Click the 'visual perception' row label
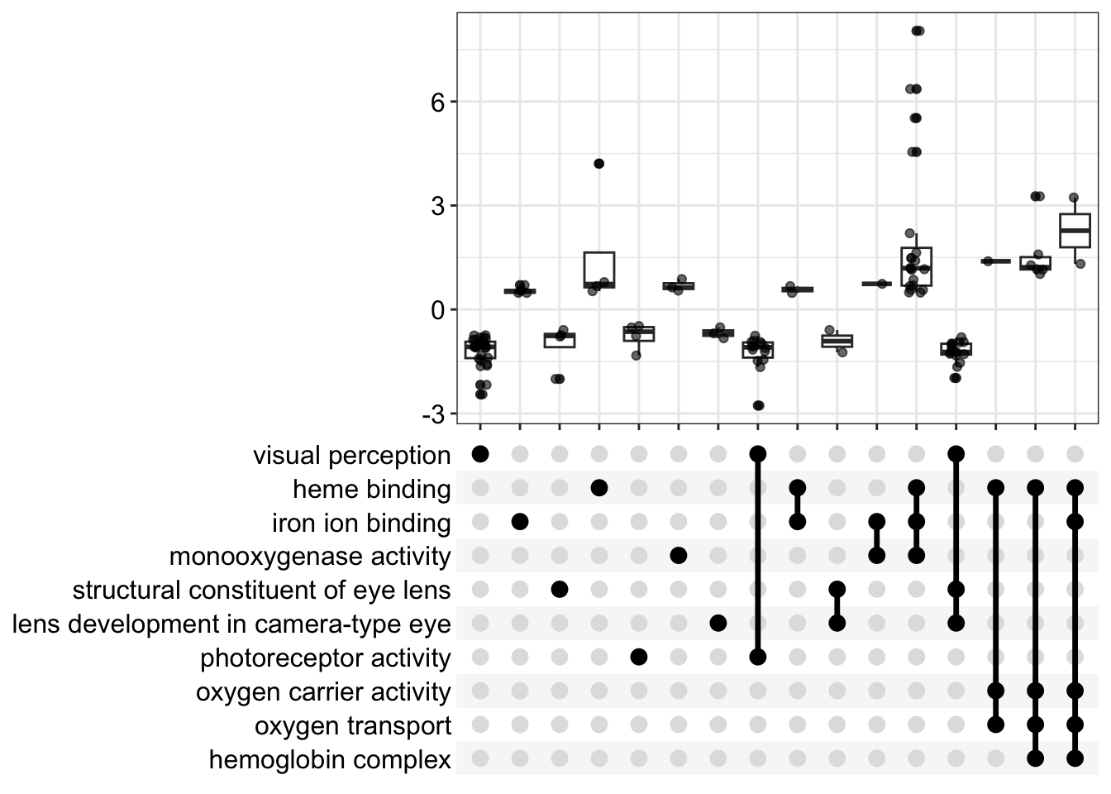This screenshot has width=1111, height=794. pos(351,456)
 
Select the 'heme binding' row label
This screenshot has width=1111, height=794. pos(371,490)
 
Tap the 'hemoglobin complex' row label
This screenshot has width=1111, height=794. pos(330,760)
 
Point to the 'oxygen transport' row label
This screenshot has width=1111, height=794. pos(353,726)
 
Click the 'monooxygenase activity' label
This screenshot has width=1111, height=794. pos(310,557)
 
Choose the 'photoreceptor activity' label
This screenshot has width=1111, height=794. pos(326,658)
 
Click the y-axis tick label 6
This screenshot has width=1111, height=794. pos(437,103)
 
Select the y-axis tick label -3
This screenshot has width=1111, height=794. pos(433,415)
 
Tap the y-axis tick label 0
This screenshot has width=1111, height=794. pos(437,311)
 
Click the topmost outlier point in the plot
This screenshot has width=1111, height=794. pos(918,31)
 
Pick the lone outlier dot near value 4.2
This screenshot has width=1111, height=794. pos(598,164)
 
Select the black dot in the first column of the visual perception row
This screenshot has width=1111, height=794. pos(480,454)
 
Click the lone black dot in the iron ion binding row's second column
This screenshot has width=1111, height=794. pos(520,522)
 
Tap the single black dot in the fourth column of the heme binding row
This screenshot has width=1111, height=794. pos(599,488)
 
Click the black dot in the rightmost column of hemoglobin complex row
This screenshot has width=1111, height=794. pos(1075,758)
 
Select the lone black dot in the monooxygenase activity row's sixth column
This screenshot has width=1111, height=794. pos(679,556)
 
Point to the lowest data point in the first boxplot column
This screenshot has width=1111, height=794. pos(480,395)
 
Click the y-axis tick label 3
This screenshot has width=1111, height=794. pos(437,207)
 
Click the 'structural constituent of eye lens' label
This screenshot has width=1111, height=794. pos(261,591)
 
